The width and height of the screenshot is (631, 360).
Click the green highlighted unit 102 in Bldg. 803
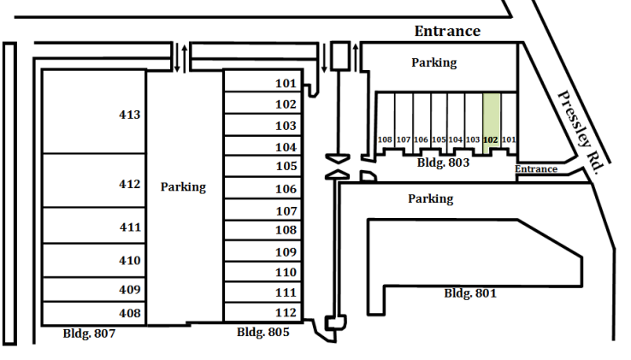pos(492,124)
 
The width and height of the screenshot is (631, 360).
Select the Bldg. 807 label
pos(89,333)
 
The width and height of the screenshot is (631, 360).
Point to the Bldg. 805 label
pos(262,333)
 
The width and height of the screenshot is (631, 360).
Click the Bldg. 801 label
pos(470,293)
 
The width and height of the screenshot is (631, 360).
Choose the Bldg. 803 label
pos(443,162)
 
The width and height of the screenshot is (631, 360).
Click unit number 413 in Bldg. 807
pos(130,115)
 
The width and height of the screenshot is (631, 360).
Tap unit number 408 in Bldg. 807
pos(130,313)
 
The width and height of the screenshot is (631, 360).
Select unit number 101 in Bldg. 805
pos(286,83)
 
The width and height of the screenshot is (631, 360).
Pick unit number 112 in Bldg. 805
pos(286,312)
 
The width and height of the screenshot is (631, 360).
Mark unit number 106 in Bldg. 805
pos(286,189)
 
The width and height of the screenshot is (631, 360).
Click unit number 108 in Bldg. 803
pos(385,139)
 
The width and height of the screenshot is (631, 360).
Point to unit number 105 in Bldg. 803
pos(439,139)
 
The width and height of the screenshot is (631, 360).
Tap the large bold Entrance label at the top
pos(447,31)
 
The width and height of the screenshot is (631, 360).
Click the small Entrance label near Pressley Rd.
pos(536,169)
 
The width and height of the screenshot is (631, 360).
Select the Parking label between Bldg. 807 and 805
pos(183,187)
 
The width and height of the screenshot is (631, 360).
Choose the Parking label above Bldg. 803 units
pos(433,62)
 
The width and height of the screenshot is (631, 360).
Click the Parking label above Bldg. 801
pos(431,199)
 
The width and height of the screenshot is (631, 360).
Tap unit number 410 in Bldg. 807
pos(130,261)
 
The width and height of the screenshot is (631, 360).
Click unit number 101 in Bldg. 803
pos(509,139)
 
